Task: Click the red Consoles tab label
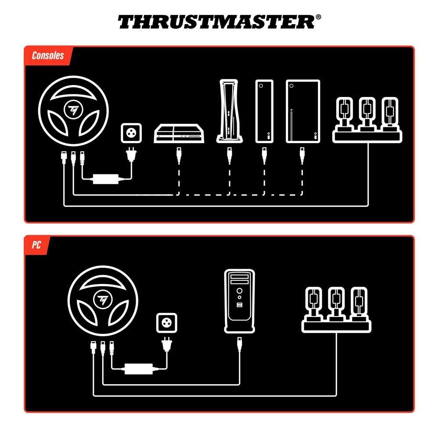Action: tap(48, 55)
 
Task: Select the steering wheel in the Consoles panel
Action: tap(73, 111)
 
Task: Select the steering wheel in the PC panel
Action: tap(103, 300)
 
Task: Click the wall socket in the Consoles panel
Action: tap(131, 133)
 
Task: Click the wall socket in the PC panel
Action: tap(166, 323)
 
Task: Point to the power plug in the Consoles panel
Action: tap(131, 155)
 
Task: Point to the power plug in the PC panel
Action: tap(167, 344)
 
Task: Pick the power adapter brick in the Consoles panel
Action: tap(106, 179)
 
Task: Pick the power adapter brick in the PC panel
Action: tap(139, 369)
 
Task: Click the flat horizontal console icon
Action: tap(179, 133)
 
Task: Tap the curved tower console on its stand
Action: tap(229, 111)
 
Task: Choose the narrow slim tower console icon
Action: tap(264, 112)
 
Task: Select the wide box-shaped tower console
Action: tap(303, 112)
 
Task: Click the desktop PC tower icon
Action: tap(239, 301)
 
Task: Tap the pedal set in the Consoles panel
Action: tap(367, 120)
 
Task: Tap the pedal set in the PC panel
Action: tap(336, 309)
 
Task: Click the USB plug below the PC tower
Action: tap(239, 344)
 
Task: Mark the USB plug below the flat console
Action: tap(179, 155)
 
